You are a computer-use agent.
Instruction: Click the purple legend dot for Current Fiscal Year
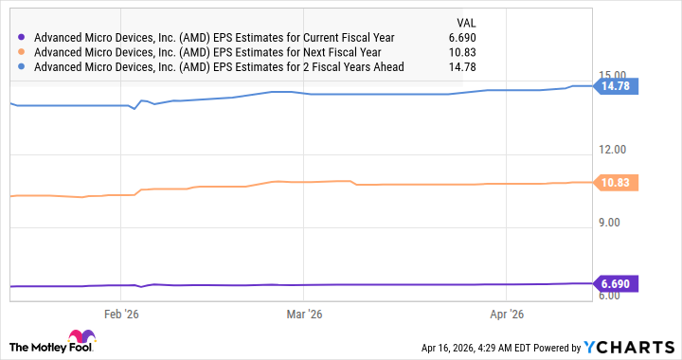click(x=22, y=37)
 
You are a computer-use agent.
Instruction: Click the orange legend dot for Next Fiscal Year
click(x=22, y=51)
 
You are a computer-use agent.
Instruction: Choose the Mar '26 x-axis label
click(x=302, y=313)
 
